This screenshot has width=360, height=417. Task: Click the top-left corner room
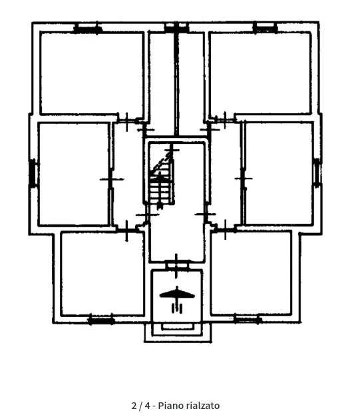92,73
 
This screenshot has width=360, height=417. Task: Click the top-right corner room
260,73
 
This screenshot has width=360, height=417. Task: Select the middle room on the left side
74,174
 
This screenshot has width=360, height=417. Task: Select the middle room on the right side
279,173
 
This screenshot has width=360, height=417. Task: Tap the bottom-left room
102,274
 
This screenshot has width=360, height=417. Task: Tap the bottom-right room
252,273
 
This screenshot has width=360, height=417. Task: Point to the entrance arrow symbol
177,299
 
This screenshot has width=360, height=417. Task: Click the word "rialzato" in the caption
203,406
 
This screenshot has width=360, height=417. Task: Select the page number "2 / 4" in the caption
141,406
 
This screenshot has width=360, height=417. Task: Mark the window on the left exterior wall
33,173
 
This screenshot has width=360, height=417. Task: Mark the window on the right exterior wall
317,173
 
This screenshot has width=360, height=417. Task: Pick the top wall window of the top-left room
88,28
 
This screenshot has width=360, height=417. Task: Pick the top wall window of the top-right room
265,27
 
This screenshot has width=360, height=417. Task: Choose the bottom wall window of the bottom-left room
101,320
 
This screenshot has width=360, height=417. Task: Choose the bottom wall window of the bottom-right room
248,319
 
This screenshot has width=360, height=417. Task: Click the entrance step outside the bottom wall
178,332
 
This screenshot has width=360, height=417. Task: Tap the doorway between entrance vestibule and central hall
177,265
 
